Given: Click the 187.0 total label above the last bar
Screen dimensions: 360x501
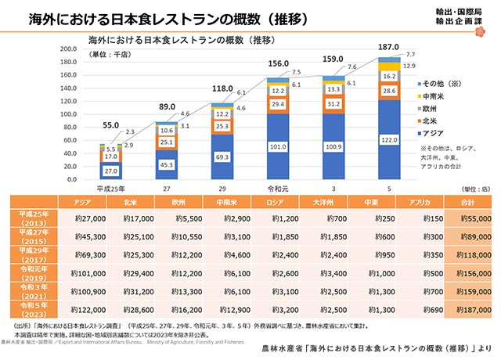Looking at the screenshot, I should point(389,47).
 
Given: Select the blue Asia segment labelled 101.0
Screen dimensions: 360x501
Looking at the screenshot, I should point(278,145).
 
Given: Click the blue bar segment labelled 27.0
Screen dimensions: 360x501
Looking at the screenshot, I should point(112,170).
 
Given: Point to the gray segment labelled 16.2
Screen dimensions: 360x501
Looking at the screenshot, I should point(389,77).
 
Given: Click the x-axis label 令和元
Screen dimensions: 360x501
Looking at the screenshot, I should point(279,189).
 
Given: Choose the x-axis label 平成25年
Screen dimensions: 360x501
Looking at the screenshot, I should point(112,189).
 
